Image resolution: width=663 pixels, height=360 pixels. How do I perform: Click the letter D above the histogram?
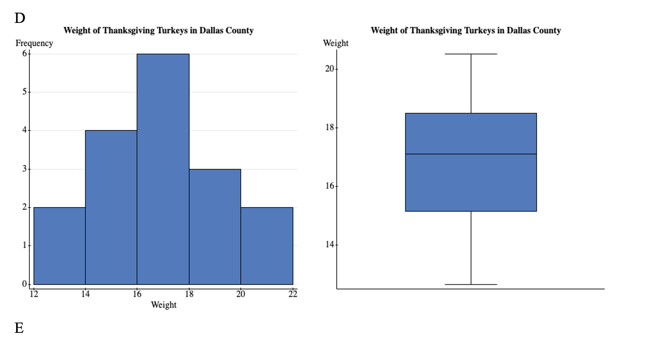coord(20,18)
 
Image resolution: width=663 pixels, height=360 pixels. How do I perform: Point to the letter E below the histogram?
coord(19,328)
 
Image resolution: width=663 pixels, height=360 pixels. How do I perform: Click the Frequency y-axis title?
coord(34,43)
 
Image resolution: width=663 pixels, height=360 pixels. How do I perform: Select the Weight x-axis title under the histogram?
coord(163,305)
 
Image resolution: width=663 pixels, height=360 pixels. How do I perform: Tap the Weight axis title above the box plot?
coord(335,43)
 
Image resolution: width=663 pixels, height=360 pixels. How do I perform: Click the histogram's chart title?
coord(158,31)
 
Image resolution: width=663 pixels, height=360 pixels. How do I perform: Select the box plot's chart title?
coord(466,31)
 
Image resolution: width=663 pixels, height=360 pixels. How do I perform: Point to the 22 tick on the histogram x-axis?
coord(293,294)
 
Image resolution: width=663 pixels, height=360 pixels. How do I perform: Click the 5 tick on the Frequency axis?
coord(25,92)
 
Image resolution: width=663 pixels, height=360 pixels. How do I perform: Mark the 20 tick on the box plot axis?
coord(330,69)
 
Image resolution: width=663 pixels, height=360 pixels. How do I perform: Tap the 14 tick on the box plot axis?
coord(330,245)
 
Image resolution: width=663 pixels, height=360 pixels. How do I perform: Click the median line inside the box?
coord(471,154)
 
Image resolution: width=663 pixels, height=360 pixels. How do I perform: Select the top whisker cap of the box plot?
coord(471,54)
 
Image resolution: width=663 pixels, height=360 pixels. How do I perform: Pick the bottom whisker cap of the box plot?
coord(471,284)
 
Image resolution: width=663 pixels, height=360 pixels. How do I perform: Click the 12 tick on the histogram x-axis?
coord(34,294)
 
